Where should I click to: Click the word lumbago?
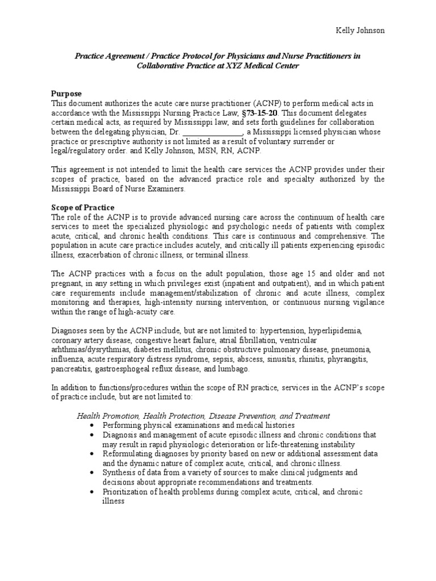tap(232, 369)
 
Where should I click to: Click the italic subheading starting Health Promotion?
tap(203, 416)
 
